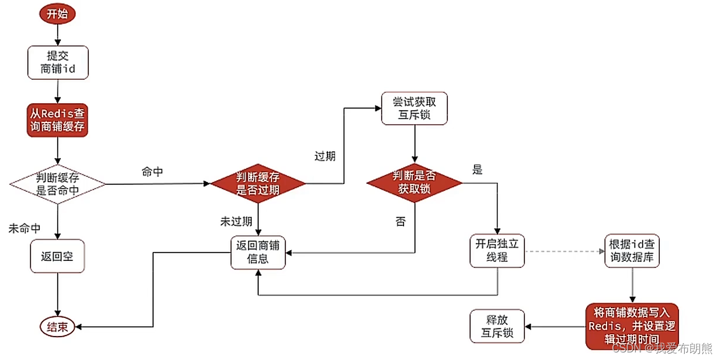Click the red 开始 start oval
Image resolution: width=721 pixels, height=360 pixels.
(x=57, y=14)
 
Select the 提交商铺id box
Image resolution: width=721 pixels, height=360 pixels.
(x=58, y=62)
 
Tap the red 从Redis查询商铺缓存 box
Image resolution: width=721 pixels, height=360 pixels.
(x=57, y=120)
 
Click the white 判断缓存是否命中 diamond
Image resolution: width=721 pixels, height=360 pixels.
(x=57, y=184)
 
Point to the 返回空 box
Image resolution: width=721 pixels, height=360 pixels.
(x=57, y=256)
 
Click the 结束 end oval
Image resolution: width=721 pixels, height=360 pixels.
(x=57, y=327)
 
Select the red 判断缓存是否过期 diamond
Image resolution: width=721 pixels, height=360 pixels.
(x=257, y=184)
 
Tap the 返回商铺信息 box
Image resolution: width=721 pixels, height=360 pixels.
(x=258, y=251)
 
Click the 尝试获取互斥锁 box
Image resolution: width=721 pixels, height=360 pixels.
(x=414, y=108)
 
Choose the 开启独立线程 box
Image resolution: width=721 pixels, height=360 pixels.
(x=497, y=250)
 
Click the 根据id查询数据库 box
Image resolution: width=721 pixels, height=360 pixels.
(x=632, y=250)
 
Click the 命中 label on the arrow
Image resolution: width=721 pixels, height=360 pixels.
(x=152, y=172)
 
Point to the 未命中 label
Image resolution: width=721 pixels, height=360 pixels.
(x=24, y=228)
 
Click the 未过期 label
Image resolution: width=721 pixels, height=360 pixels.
(x=236, y=221)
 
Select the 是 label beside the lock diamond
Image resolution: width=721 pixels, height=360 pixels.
(x=478, y=170)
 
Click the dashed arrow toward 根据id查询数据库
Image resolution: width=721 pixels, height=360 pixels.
(x=563, y=251)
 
